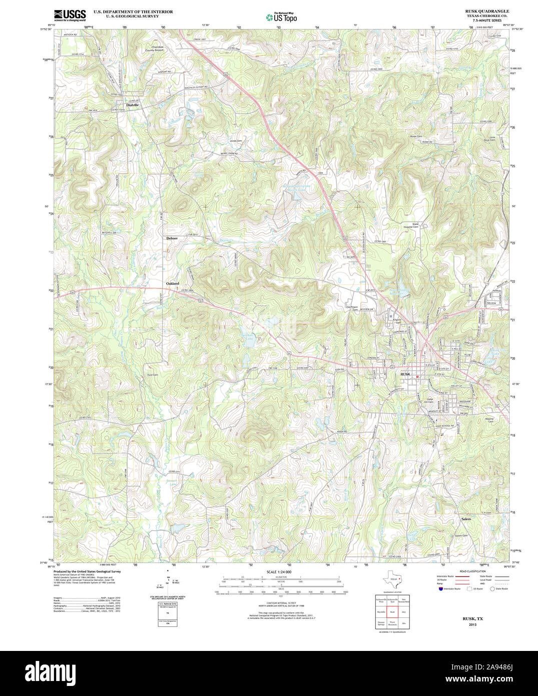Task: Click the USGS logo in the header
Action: pos(70,16)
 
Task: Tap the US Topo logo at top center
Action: pos(281,17)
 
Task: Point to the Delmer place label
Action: pos(172,238)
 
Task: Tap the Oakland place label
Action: pos(173,283)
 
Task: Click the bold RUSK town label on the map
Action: pos(405,374)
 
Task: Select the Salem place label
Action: pos(466,519)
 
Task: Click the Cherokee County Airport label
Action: pos(154,49)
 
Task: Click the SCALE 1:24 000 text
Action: pos(279,572)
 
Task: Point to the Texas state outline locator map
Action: pos(393,580)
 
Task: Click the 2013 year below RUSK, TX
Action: pos(473,625)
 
